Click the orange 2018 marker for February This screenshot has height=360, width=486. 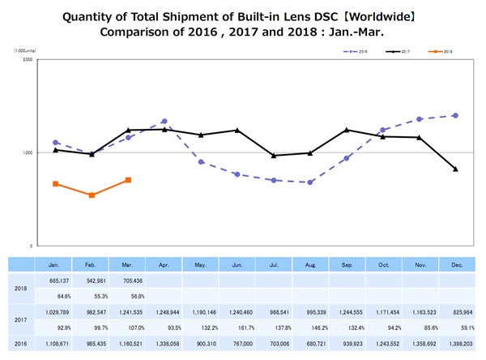coord(92,195)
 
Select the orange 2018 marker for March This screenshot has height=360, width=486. coord(128,180)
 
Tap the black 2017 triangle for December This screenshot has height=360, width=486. coord(456,169)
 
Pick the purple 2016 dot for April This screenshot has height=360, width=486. coord(164,122)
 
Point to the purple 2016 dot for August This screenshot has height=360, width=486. coord(310,182)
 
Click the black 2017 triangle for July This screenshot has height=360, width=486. coord(274,156)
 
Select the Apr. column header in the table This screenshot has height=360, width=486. coord(164,264)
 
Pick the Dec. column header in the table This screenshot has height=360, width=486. coord(456,264)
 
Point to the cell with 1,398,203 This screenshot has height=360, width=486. coord(456,344)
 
